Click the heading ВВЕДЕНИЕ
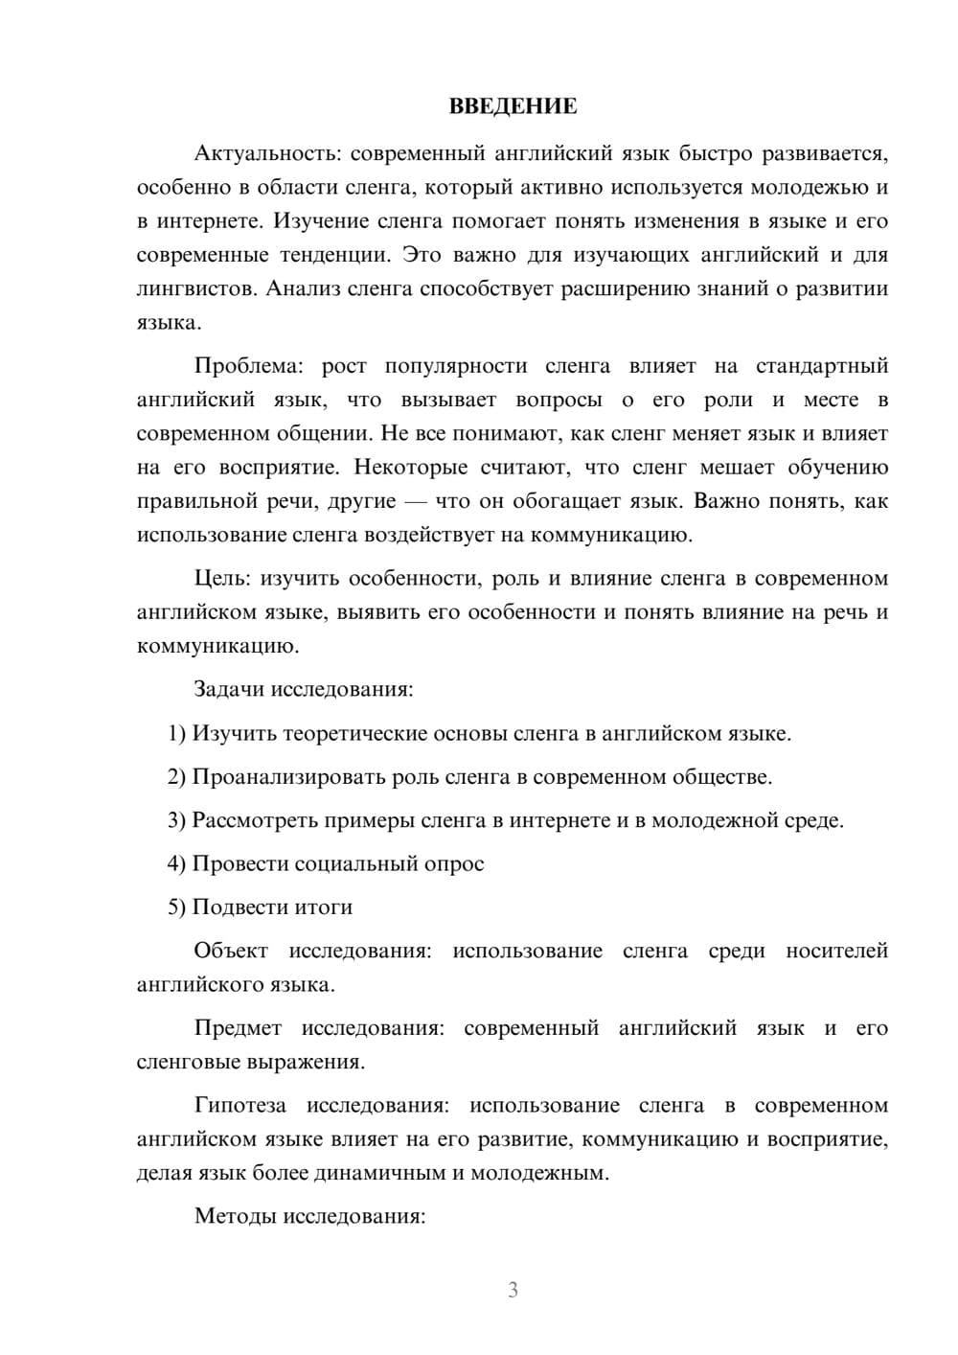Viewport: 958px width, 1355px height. click(x=513, y=106)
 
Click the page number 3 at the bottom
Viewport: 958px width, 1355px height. click(x=513, y=1290)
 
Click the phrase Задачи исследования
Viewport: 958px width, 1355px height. click(x=303, y=689)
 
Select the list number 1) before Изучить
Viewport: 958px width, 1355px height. click(x=176, y=734)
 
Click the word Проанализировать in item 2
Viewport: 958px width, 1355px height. click(x=288, y=777)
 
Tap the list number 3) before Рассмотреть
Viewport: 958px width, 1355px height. click(x=176, y=820)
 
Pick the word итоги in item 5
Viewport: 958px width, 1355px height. click(x=325, y=907)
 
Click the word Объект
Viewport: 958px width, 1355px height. click(x=231, y=952)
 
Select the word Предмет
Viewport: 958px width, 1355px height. click(x=238, y=1028)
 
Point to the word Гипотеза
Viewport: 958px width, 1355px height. click(x=240, y=1106)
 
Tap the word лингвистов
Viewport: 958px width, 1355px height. click(x=195, y=288)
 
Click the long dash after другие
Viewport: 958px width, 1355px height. click(x=417, y=501)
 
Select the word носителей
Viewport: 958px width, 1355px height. click(x=837, y=952)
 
